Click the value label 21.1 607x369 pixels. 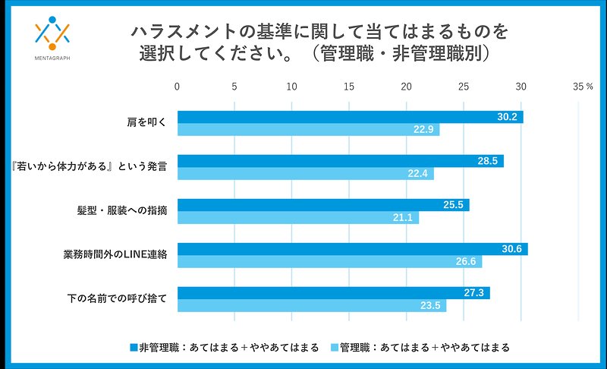coord(402,218)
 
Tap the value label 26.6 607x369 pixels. coord(465,262)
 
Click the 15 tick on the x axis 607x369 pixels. coord(349,87)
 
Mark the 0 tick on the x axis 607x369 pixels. coord(177,87)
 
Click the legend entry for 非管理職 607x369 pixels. coord(225,347)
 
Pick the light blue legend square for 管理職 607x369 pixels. coord(335,347)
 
